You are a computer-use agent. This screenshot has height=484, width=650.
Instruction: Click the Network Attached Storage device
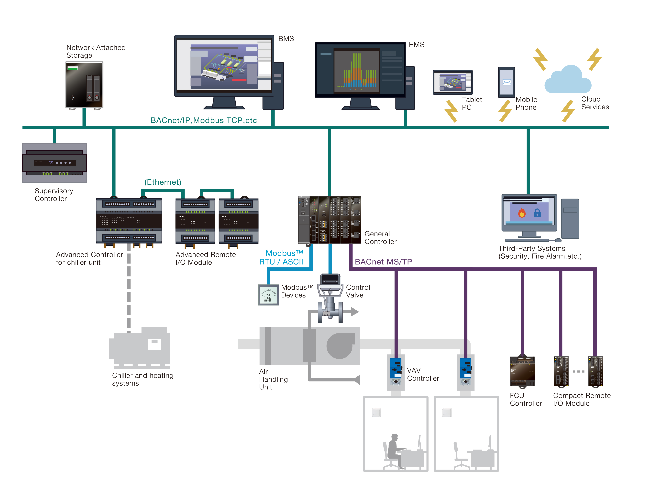pos(84,85)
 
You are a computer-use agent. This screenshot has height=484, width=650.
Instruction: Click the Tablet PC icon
pos(452,82)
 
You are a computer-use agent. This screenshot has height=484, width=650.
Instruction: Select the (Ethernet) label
pos(163,182)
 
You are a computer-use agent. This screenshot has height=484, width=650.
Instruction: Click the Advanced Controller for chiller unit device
pos(129,221)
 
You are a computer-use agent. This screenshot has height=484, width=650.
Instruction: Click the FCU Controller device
pos(522,371)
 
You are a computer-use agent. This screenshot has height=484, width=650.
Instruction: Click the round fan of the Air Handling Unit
pos(340,346)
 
